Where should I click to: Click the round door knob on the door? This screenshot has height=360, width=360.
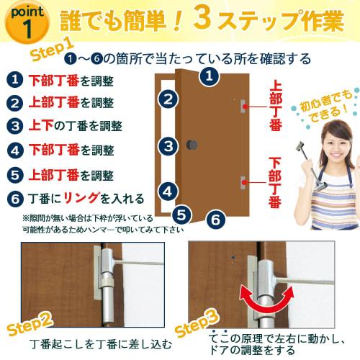click(192, 147)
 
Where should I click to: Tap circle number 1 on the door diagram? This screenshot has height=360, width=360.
click(207, 75)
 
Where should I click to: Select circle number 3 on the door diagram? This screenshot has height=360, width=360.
click(168, 147)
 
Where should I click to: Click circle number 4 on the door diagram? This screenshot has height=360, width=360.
click(168, 192)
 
